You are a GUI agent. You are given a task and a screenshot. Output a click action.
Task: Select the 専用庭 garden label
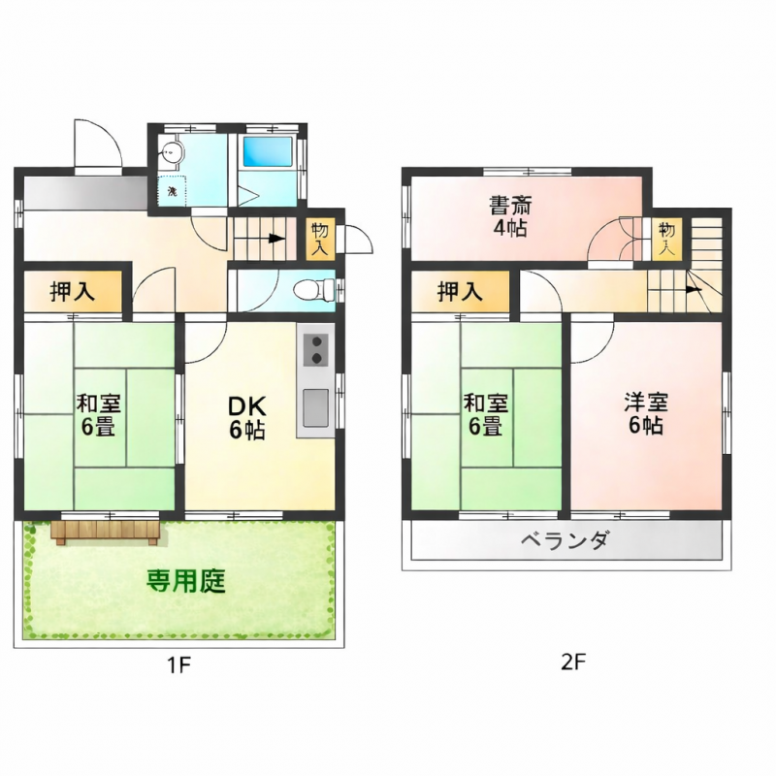tap(186, 582)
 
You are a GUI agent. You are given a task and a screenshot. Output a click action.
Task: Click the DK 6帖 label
tap(246, 418)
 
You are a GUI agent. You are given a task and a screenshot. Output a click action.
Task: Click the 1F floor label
tap(178, 665)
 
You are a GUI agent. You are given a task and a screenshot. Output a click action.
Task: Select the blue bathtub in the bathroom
tap(267, 153)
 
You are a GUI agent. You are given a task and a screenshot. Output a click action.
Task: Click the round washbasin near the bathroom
tap(173, 152)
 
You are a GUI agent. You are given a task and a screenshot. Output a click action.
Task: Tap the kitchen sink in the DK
tap(316, 407)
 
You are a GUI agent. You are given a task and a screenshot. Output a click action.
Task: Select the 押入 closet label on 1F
tap(73, 292)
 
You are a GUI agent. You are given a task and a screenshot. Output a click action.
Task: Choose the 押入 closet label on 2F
tap(460, 291)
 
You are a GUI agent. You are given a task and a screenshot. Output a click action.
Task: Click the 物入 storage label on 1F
tap(320, 239)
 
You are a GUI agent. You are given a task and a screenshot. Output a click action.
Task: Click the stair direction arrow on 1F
tap(277, 238)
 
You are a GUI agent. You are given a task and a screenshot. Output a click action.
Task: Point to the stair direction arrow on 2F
tap(694, 288)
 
